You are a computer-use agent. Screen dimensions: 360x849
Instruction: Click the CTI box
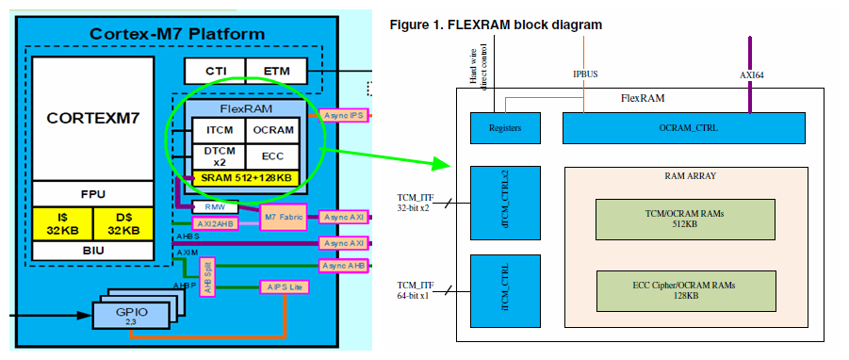(x=215, y=70)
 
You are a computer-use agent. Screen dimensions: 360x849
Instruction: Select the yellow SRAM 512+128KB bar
(x=246, y=177)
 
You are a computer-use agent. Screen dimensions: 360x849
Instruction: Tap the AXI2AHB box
(x=216, y=223)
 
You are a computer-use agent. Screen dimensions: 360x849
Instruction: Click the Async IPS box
(x=343, y=115)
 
